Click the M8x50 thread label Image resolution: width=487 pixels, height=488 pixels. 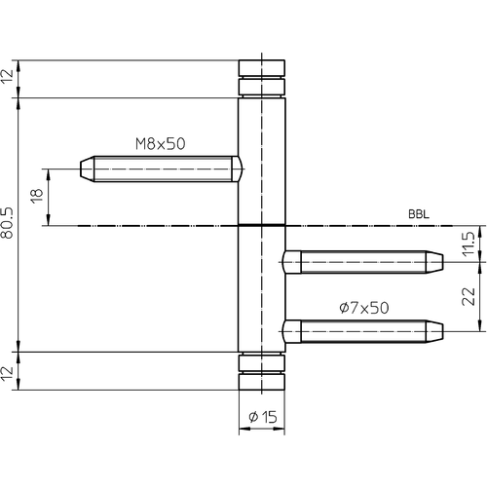(161, 144)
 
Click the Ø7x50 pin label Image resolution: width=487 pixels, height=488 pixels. (364, 308)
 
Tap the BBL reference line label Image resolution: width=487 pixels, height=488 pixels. (419, 214)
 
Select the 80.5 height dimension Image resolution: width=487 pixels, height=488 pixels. (7, 223)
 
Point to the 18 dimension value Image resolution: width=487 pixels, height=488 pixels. (37, 196)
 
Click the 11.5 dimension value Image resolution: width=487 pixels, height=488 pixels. (468, 244)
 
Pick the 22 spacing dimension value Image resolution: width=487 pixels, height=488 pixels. (468, 296)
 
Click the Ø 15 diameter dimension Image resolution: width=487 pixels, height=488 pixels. (263, 417)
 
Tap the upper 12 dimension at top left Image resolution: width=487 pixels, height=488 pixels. (7, 77)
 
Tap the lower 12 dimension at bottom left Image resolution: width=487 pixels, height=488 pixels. (7, 373)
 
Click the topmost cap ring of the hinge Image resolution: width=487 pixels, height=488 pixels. (262, 68)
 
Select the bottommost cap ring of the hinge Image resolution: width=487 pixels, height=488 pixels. (262, 382)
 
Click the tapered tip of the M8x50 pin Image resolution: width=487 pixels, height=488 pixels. (87, 169)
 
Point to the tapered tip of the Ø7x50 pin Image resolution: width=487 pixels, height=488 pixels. (434, 331)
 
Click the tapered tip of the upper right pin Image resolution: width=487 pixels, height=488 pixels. (434, 262)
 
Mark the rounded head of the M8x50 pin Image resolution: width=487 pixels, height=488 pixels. (237, 169)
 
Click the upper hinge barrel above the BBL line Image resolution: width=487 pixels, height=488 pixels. (262, 162)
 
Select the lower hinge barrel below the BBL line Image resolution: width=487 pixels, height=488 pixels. (262, 289)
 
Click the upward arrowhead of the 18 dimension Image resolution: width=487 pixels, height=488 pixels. (49, 173)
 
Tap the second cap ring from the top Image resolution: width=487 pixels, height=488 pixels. (262, 87)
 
